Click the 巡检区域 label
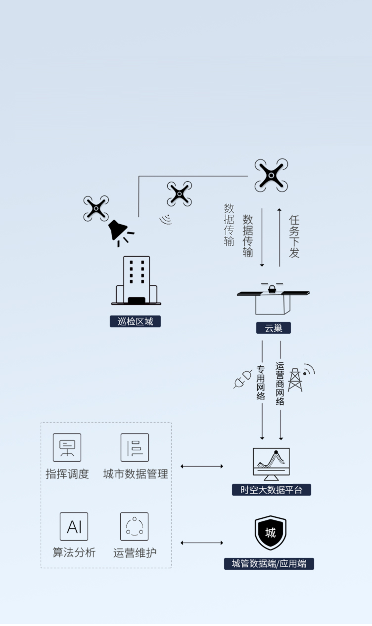coord(135,321)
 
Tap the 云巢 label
coord(273,328)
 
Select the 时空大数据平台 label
coord(272,490)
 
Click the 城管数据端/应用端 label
coord(269,564)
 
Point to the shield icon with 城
coord(271,533)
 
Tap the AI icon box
coord(74,526)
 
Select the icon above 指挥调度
coord(67,447)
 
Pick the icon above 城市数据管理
coord(135,447)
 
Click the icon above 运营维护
coord(134,526)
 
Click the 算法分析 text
coord(74,552)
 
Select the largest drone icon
coord(271,175)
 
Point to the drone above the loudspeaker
coord(95,208)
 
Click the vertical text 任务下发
coord(294,236)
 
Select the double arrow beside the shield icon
coord(202,543)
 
